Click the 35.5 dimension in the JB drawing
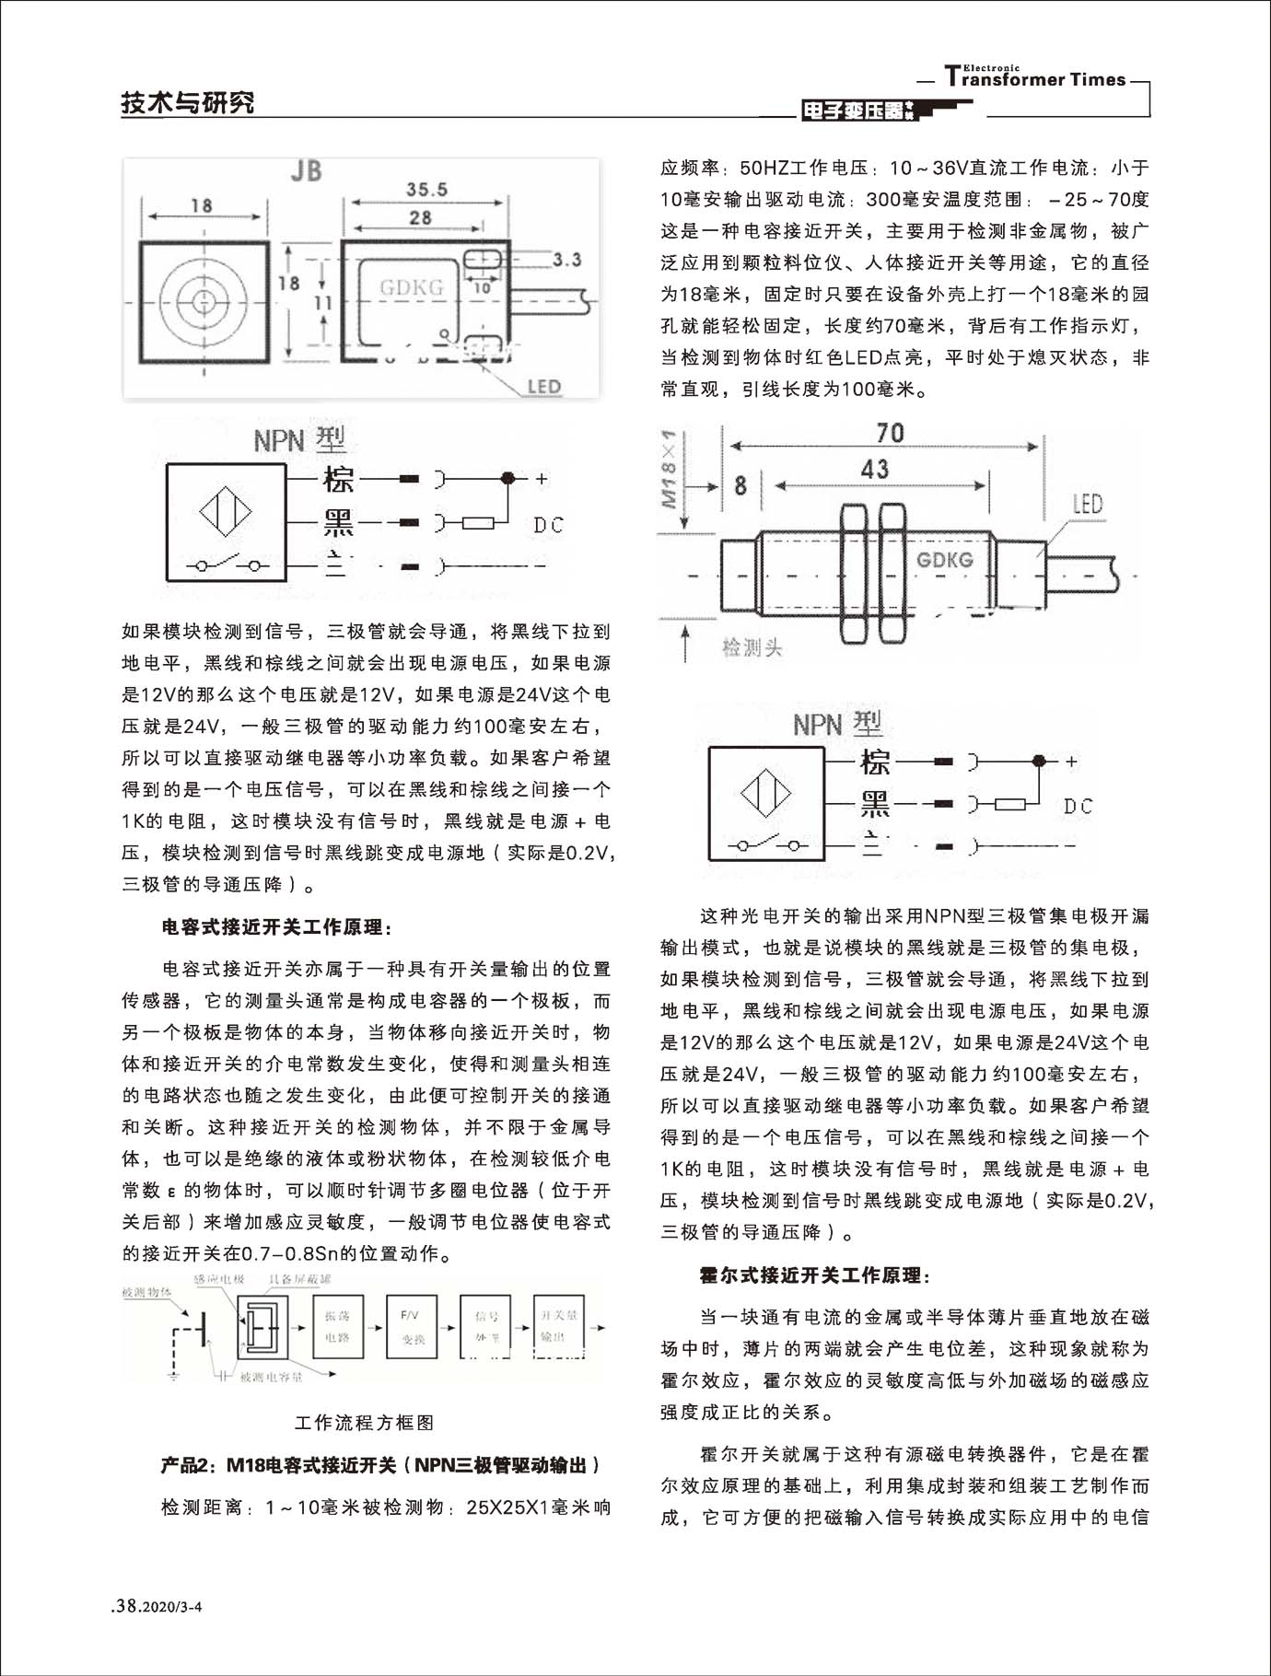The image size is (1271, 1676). (x=426, y=190)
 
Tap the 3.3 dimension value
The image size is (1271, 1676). (x=566, y=260)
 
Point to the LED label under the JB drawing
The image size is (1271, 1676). (x=543, y=387)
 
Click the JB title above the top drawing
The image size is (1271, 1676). (x=306, y=172)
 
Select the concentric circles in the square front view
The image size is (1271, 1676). (x=204, y=301)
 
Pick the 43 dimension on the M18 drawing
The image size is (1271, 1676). (x=874, y=470)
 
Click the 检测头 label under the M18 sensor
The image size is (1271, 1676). (x=752, y=648)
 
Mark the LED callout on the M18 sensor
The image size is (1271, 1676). (x=1087, y=504)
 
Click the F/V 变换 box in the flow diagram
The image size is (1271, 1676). (x=412, y=1327)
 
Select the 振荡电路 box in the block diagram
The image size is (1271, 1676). (x=338, y=1327)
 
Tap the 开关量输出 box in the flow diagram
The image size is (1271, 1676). (x=558, y=1327)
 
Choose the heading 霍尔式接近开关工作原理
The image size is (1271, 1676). (x=816, y=1275)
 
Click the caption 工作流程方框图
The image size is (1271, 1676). (x=364, y=1423)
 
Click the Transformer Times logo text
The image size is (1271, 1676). (x=1035, y=78)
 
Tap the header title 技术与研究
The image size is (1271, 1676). (x=188, y=103)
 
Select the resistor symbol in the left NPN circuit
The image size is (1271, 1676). (x=477, y=524)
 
